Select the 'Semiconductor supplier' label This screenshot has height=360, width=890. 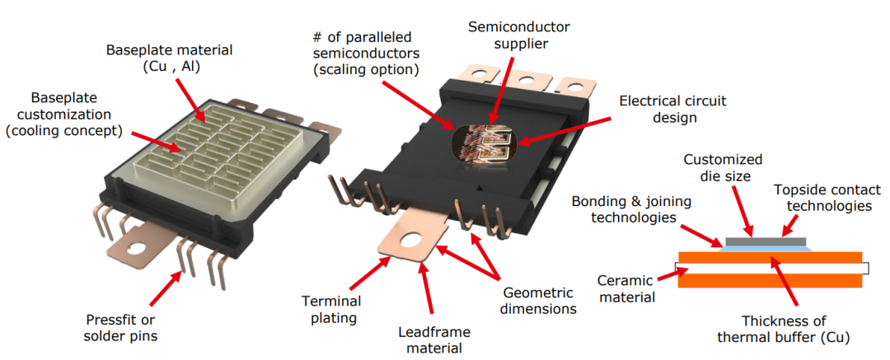click(x=519, y=35)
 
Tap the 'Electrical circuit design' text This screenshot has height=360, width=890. click(x=672, y=109)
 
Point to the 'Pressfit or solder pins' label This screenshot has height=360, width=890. click(x=120, y=328)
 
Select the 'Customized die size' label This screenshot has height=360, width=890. click(x=724, y=167)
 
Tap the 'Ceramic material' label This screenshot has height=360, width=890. click(x=627, y=288)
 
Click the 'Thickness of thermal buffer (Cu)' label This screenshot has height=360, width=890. click(x=784, y=329)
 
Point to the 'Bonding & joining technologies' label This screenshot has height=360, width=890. click(x=623, y=209)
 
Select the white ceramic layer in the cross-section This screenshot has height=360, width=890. click(x=772, y=268)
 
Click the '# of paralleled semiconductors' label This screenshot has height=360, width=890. click(x=366, y=54)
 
